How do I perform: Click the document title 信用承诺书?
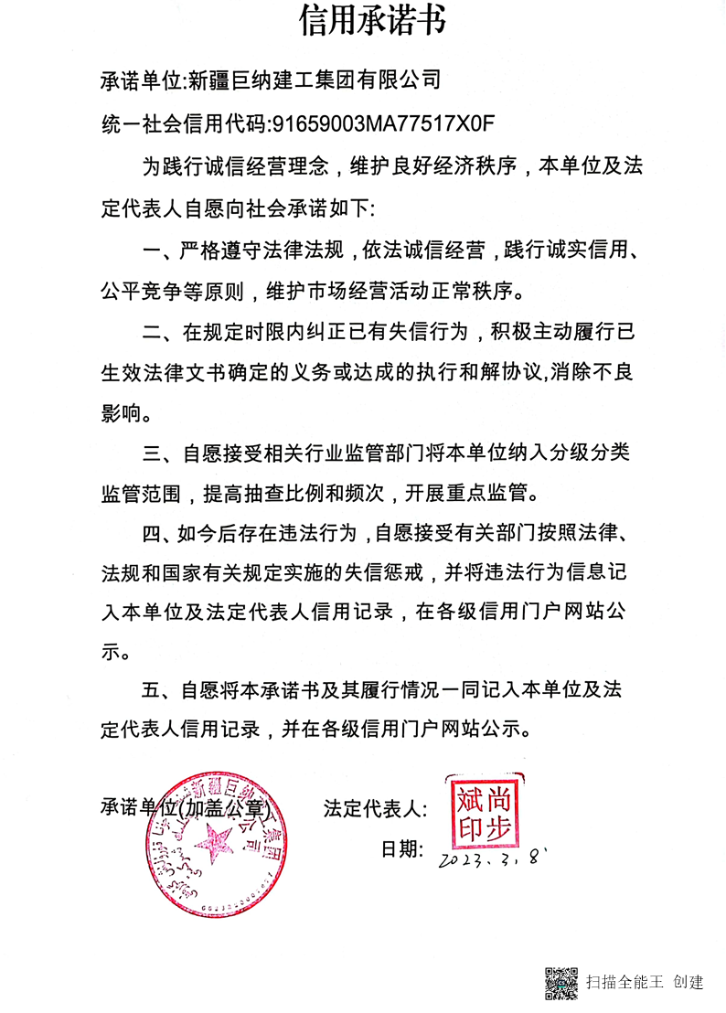(x=372, y=20)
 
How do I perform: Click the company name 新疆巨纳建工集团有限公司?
(x=314, y=80)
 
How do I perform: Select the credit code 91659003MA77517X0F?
(x=371, y=123)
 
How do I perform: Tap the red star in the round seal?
(x=219, y=839)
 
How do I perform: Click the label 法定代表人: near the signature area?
(x=375, y=808)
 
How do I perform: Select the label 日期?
(x=402, y=849)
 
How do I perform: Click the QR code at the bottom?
(x=561, y=982)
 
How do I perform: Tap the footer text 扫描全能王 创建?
(x=645, y=983)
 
